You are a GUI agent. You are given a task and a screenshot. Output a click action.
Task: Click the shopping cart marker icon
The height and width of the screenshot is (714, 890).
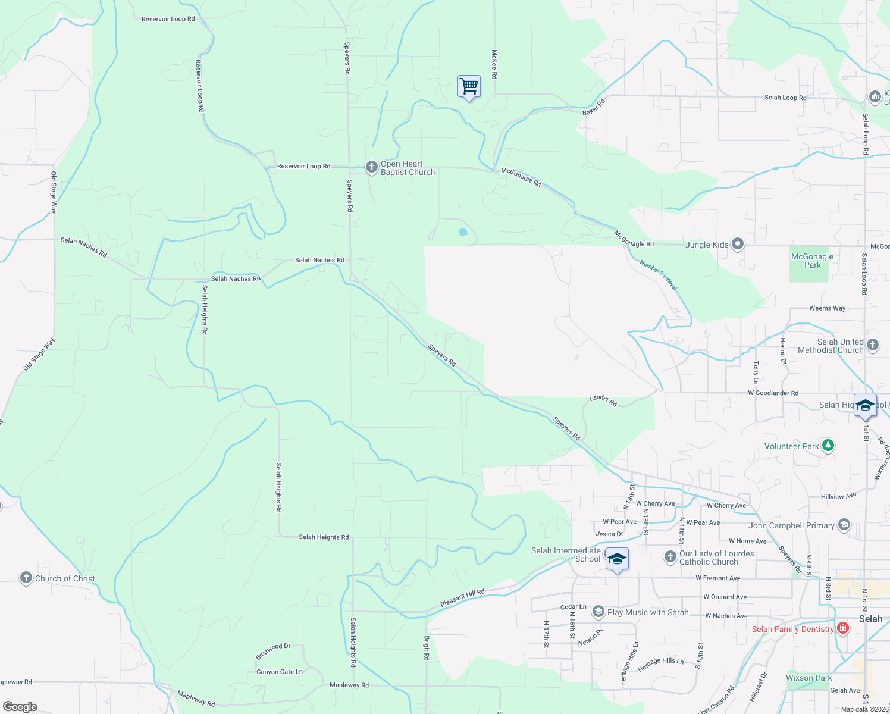pos(469,86)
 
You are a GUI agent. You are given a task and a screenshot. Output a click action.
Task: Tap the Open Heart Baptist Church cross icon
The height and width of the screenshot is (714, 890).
pos(372,167)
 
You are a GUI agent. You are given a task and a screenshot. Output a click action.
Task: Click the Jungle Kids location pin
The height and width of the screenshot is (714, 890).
pos(738,244)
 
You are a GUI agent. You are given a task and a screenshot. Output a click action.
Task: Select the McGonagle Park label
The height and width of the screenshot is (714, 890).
pos(812,261)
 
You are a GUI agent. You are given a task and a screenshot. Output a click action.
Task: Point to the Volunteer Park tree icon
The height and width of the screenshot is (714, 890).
pos(828,446)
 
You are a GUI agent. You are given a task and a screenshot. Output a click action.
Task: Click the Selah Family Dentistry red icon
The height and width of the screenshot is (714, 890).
pos(842,628)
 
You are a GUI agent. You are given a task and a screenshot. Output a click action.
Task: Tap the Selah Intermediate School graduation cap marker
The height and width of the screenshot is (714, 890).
pos(617,559)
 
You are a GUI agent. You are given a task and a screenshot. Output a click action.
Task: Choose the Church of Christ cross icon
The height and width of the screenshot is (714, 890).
pos(26,578)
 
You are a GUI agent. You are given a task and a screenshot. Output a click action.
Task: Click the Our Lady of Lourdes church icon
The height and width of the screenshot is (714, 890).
pos(670,557)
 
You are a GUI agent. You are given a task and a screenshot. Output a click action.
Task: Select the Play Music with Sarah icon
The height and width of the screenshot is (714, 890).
pos(598,612)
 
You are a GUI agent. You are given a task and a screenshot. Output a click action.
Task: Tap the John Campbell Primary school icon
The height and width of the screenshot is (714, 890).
pos(844,525)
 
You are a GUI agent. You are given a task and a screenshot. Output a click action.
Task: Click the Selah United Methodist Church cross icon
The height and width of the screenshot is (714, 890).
pos(873,345)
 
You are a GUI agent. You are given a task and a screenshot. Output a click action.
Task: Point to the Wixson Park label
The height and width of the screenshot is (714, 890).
pos(808,678)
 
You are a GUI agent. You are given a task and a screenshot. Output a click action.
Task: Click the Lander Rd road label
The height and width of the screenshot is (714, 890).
pos(603,400)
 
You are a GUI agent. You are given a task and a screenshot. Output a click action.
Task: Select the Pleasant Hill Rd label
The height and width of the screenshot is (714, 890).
pos(462,598)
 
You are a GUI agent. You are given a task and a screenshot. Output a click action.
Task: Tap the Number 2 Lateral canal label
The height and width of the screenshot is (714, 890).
pos(659,275)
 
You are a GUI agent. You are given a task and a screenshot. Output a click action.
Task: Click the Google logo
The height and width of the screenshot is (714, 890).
pos(20,707)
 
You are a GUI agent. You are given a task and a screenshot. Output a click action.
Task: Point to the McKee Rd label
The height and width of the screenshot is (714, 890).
pos(494,64)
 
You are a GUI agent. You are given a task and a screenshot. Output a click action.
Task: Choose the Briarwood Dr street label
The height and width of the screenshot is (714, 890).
pos(273,651)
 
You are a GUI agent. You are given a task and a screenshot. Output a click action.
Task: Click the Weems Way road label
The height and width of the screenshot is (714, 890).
pos(827,308)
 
